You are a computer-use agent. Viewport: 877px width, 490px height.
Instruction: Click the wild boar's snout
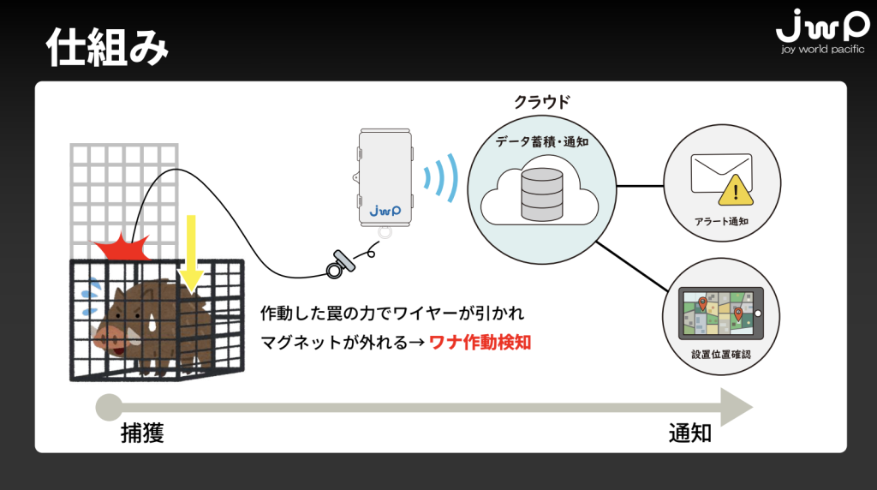point(103,337)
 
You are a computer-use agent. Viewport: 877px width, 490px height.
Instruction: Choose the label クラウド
point(541,101)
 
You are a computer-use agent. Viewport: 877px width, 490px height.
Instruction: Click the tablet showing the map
point(721,314)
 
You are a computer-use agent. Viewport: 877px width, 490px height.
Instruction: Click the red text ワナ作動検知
point(480,342)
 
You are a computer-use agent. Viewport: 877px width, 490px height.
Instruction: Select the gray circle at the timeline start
point(109,408)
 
